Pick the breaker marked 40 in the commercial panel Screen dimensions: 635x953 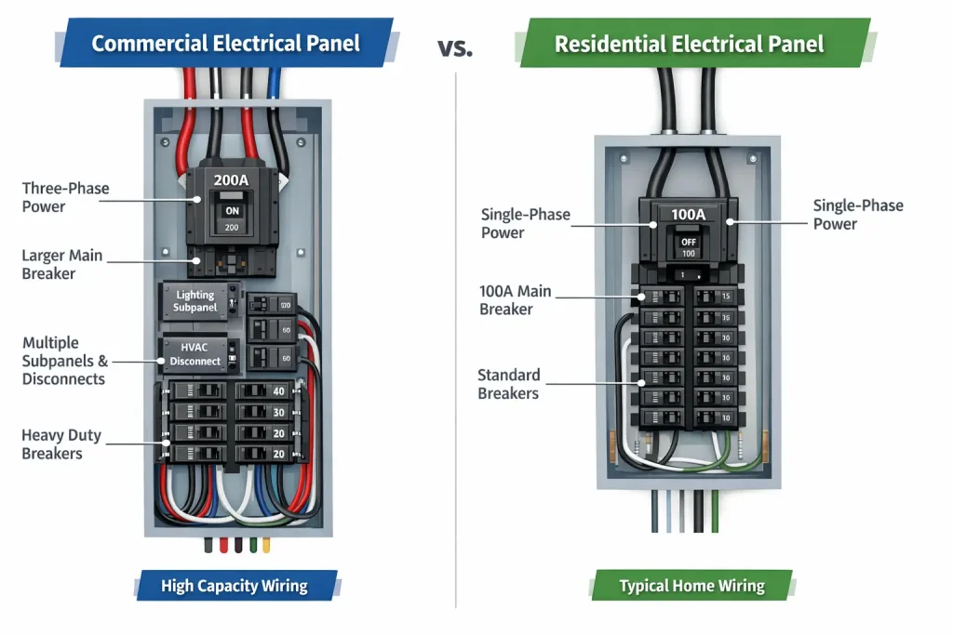[x=265, y=391]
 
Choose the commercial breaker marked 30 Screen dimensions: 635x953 [x=265, y=412]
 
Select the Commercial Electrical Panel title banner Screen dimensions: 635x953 [x=226, y=43]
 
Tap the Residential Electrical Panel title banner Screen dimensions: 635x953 [x=689, y=44]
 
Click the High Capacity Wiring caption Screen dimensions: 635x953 [x=234, y=586]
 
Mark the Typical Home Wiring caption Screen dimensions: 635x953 [x=691, y=586]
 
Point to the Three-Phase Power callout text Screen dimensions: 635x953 [x=65, y=197]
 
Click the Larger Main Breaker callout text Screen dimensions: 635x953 [x=61, y=264]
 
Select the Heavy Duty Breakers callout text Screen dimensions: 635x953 [x=61, y=444]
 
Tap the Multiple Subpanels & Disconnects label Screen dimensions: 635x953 [x=64, y=361]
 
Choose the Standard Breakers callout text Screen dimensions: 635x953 [x=508, y=384]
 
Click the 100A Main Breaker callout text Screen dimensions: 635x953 [x=515, y=299]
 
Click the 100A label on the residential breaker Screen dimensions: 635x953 [x=688, y=215]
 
